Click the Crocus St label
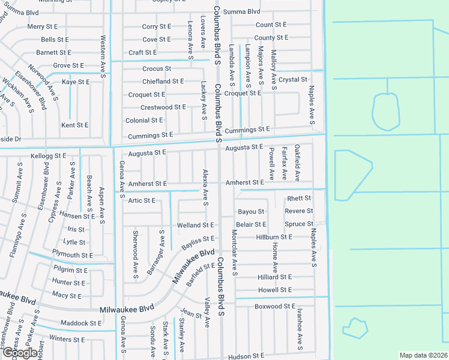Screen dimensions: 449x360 pos(157,68)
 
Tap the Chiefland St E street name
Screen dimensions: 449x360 pos(163,81)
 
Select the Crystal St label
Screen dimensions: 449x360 pos(293,79)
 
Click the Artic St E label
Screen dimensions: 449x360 pos(142,200)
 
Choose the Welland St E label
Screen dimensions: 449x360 pos(195,225)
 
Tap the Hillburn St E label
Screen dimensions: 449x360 pos(274,237)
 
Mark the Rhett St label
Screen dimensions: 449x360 pos(299,198)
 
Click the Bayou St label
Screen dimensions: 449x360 pos(251,211)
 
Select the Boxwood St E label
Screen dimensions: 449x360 pos(275,306)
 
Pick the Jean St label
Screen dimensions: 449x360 pos(191,314)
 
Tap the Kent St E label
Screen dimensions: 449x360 pos(75,125)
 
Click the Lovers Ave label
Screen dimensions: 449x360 pos(203,32)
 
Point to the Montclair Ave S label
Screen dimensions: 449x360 pos(234,253)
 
